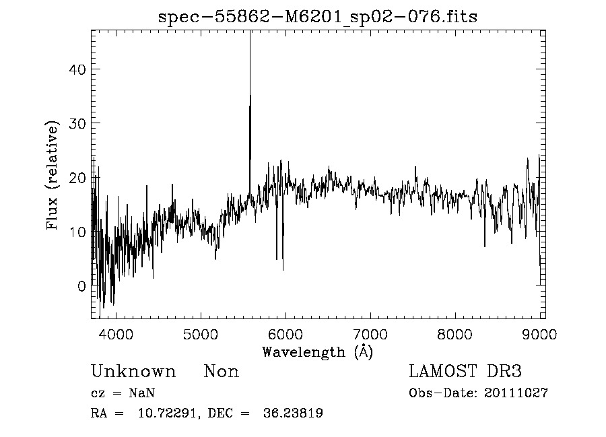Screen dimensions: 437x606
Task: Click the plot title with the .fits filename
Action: coord(317,17)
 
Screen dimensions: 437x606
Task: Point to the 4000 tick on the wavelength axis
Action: coord(116,335)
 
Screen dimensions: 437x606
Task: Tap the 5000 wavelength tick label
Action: coord(201,335)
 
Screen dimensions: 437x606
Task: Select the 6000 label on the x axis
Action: coord(285,335)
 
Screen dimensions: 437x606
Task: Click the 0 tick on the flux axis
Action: coord(81,285)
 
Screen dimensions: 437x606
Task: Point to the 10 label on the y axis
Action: coord(77,232)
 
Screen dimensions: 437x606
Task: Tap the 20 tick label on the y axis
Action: coord(77,178)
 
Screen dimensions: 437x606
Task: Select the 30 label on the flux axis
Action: coord(77,123)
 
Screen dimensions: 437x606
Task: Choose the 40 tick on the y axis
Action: coord(77,69)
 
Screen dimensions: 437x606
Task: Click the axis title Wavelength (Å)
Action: coord(317,351)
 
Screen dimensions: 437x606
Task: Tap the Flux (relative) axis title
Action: coord(53,175)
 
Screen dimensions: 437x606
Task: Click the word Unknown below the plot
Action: coord(133,372)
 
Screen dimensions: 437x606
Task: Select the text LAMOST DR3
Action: coord(465,372)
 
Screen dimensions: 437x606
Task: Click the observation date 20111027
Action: coord(516,393)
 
